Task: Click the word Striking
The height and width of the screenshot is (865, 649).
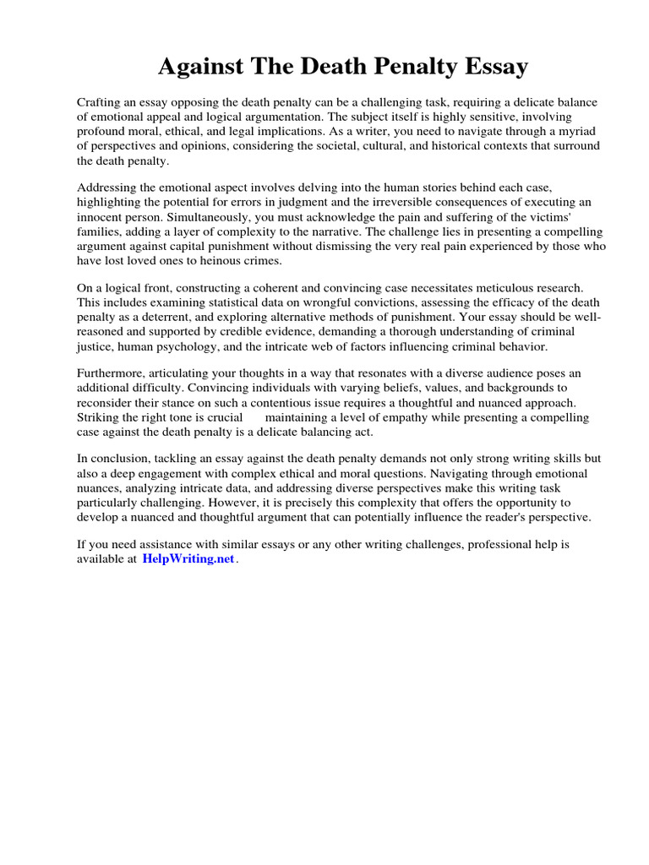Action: (100, 418)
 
